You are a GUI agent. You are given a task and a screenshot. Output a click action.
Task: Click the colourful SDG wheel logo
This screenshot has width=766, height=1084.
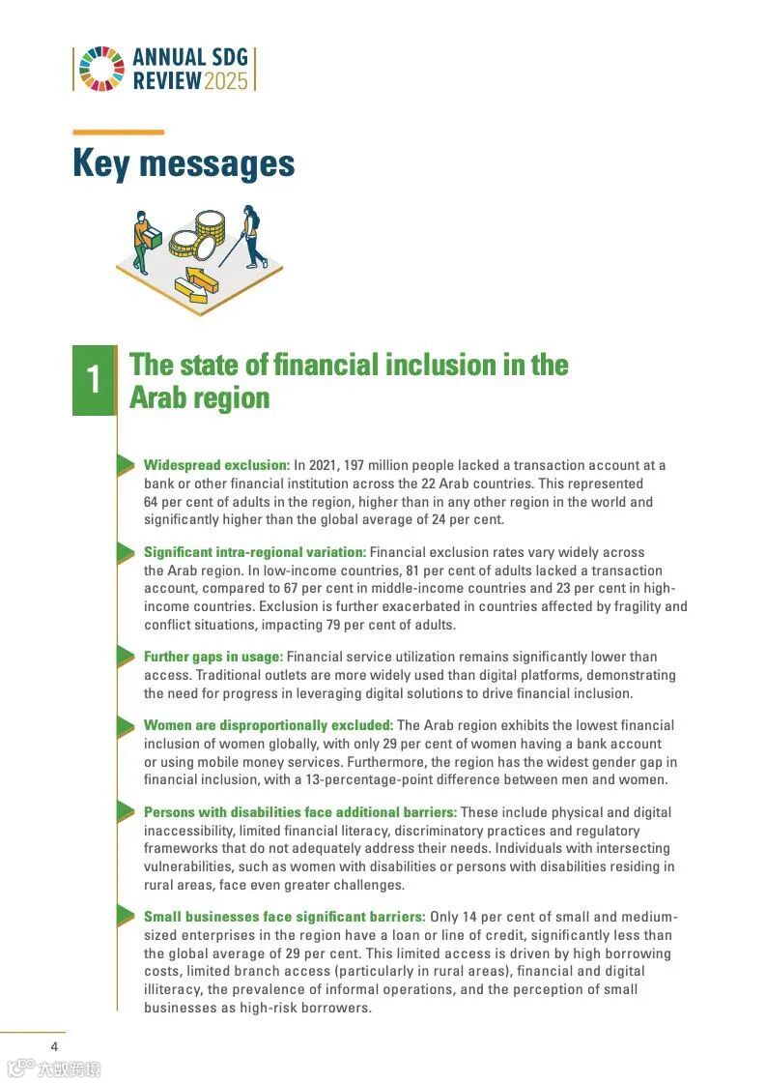[101, 69]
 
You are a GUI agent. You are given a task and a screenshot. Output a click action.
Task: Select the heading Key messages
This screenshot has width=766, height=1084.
[184, 163]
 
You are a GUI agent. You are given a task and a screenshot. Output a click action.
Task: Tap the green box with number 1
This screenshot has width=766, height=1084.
[94, 380]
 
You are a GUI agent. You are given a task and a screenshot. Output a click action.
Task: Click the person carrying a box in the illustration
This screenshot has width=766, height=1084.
[142, 241]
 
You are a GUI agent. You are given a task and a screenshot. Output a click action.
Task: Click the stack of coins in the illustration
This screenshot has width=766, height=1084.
[210, 230]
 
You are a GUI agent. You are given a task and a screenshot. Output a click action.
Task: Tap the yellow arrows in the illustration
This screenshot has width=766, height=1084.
[196, 283]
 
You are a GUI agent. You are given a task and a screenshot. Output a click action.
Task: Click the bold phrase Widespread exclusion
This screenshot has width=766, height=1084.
[216, 465]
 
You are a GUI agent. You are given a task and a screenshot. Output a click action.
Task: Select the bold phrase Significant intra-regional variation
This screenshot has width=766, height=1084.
[255, 552]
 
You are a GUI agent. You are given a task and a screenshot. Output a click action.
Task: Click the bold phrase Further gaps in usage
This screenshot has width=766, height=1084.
[213, 657]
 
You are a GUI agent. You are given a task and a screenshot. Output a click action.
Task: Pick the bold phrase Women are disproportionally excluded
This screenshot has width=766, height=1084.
[268, 725]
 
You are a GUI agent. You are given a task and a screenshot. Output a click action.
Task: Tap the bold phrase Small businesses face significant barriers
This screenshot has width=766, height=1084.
[284, 917]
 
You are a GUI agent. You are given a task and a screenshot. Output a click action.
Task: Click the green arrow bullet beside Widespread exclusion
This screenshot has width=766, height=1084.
[126, 465]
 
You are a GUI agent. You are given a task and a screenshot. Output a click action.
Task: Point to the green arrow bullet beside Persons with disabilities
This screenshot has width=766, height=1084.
[126, 812]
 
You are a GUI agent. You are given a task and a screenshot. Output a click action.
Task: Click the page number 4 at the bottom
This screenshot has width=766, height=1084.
[55, 1046]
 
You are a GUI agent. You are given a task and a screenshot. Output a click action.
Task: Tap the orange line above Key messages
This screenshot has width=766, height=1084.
[118, 132]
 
